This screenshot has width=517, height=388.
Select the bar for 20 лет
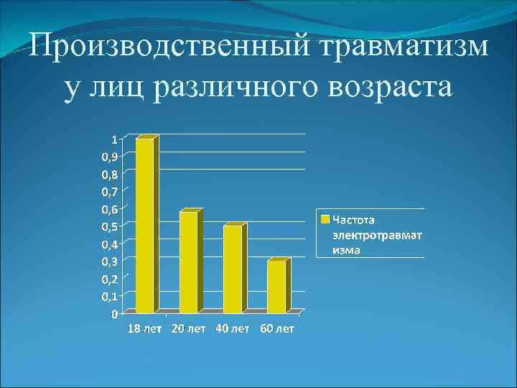188,262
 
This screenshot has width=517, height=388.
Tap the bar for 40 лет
233,269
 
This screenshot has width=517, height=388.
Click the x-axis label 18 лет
146,328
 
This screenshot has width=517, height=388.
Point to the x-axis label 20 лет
189,328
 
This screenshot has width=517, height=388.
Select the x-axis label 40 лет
233,328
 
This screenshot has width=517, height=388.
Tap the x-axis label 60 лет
276,328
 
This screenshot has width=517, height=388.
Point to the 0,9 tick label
111,156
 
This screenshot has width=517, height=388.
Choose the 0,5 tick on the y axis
111,226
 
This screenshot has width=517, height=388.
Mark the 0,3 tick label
111,261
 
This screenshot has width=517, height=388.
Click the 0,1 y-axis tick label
111,296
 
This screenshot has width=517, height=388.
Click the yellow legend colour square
325,218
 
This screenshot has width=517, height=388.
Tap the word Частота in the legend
353,219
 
